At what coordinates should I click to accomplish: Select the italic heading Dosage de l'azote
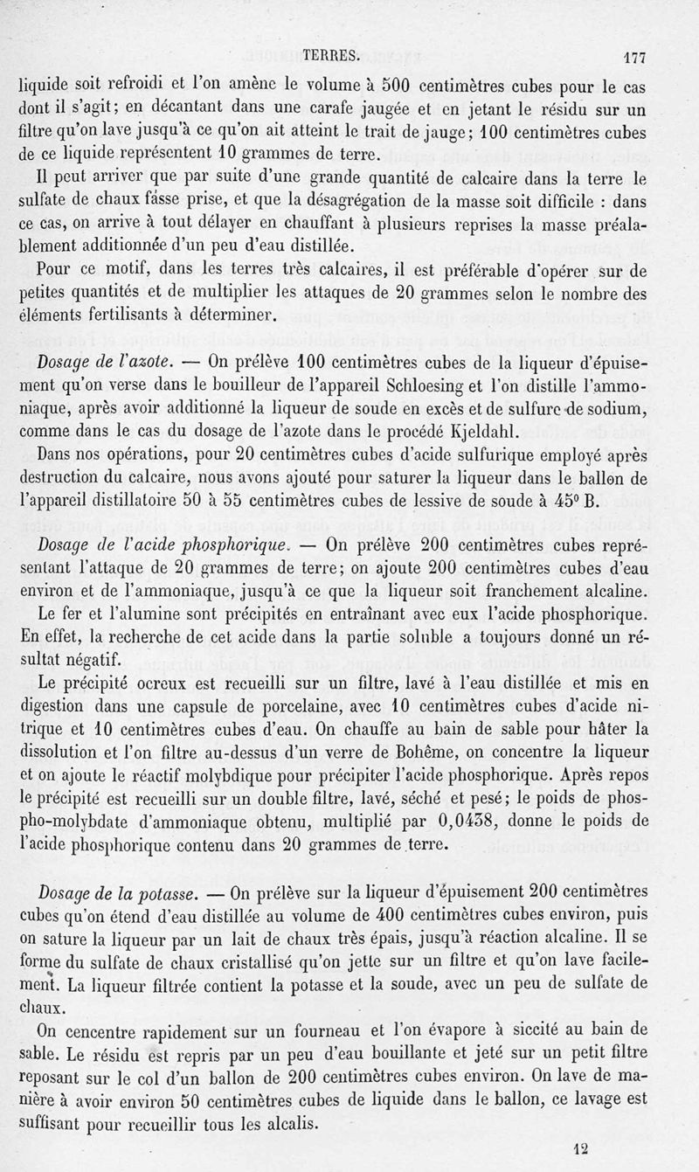point(107,362)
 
